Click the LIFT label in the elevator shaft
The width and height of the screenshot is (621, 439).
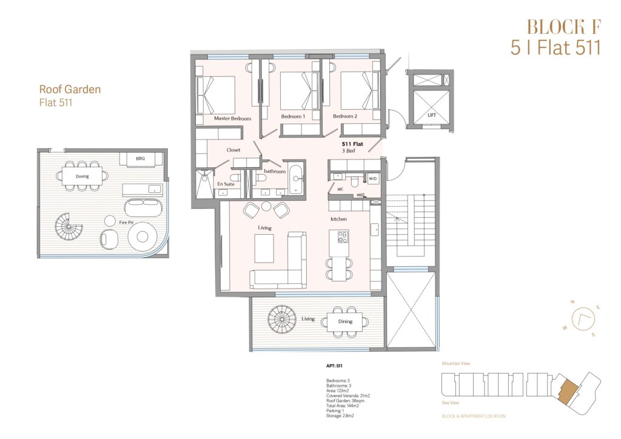point(432,115)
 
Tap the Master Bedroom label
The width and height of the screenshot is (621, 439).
point(232,118)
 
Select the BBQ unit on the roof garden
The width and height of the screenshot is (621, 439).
point(141,159)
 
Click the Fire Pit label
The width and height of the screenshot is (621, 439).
point(126,223)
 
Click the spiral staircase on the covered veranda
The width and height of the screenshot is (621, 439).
point(282,319)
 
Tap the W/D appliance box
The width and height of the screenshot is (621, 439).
point(373,179)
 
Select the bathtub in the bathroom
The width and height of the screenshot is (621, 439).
point(296,179)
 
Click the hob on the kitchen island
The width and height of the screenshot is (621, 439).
point(343,236)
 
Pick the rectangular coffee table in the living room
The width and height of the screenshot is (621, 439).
point(264,249)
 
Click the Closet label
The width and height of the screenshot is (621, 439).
point(233,150)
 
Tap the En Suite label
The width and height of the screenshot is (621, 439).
point(226,184)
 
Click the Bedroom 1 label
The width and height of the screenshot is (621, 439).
point(293,116)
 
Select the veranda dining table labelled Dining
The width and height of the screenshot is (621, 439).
point(345,322)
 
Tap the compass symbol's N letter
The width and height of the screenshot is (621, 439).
point(572,302)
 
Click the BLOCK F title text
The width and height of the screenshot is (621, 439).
point(564,27)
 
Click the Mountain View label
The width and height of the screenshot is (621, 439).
point(456,363)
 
